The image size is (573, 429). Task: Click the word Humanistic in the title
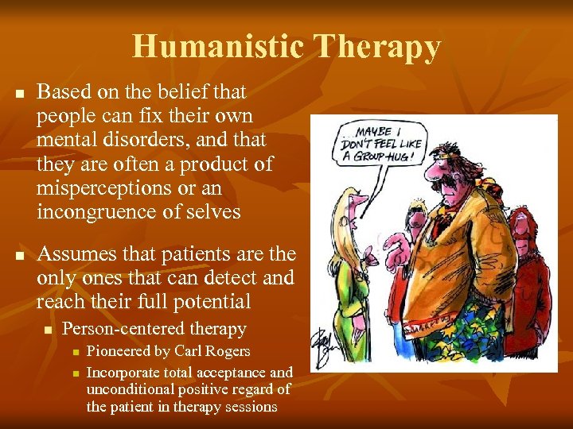[x=220, y=47]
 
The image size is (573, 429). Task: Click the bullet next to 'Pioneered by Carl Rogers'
[x=73, y=352]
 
